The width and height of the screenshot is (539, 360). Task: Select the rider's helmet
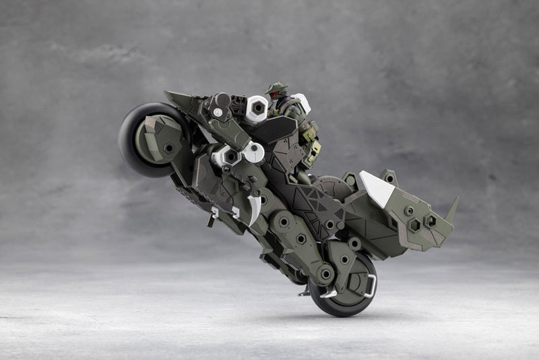(x=276, y=90)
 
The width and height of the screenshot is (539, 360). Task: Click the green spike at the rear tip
(x=451, y=208)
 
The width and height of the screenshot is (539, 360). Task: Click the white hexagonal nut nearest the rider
(x=257, y=108)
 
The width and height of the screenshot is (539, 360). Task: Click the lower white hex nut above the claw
(x=226, y=156)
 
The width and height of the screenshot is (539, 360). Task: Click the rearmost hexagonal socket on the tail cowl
(x=431, y=220)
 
